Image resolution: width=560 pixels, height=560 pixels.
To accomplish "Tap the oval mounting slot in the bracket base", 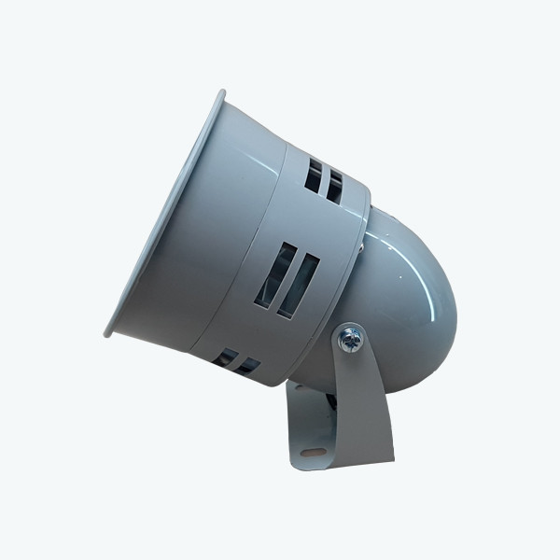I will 314,456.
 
